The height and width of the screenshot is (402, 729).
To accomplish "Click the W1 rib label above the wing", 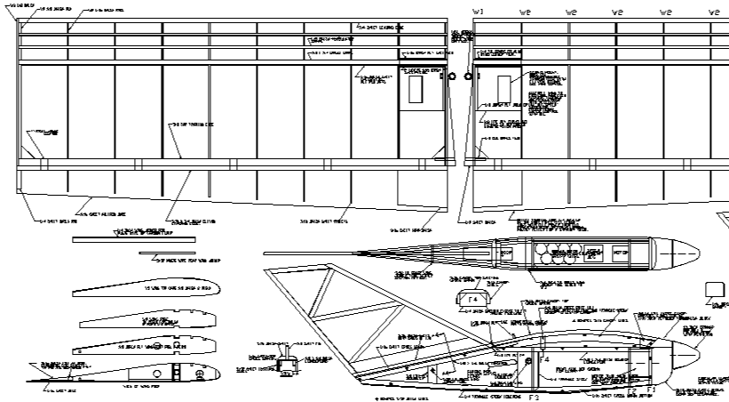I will tap(478, 12).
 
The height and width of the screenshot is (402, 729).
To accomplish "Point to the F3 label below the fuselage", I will tap(534, 398).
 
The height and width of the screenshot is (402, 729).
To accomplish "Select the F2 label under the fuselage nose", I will tap(632, 390).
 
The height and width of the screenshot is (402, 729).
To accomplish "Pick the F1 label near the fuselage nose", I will tap(650, 389).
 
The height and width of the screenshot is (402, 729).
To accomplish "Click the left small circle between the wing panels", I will tap(452, 77).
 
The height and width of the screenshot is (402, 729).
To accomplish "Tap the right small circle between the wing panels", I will tap(467, 77).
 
